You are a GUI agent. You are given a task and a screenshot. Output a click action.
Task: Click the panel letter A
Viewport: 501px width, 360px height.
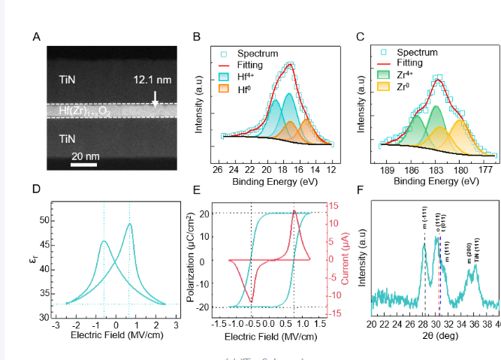click(x=36, y=36)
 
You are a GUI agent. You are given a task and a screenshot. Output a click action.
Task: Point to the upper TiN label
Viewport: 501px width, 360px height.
click(x=68, y=79)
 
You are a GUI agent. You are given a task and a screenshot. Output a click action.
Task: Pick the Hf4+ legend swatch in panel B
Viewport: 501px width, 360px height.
click(x=223, y=77)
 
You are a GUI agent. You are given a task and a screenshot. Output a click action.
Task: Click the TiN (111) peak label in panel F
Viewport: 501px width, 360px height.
click(x=477, y=248)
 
